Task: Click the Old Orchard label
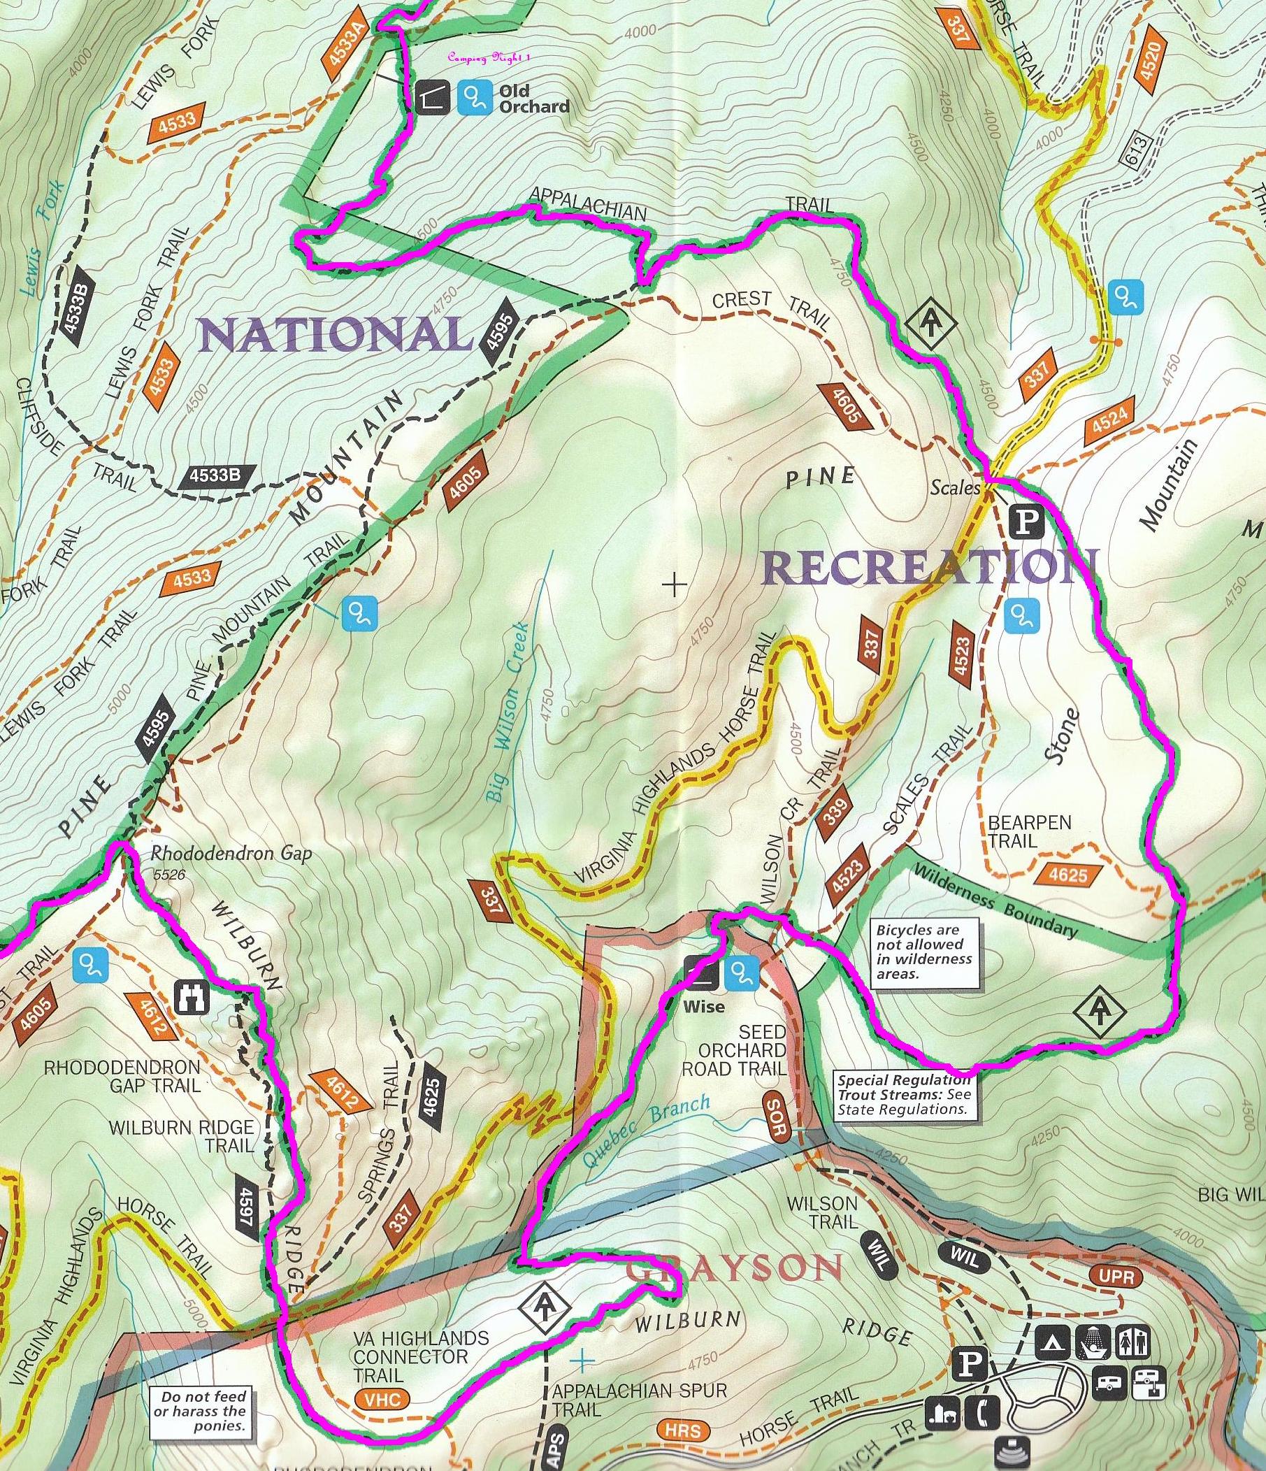click(533, 99)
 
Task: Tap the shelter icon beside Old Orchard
click(433, 97)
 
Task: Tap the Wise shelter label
click(704, 1006)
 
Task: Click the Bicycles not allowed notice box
click(925, 952)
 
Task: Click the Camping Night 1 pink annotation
click(489, 57)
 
